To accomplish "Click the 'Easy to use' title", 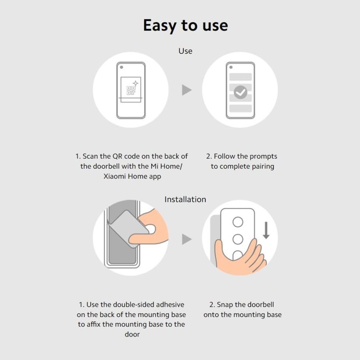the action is click(x=185, y=25).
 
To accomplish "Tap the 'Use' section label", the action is click(x=185, y=51).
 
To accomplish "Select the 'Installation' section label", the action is click(x=185, y=199).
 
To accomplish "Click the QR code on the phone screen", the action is click(x=131, y=90).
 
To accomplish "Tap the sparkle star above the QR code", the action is click(x=136, y=84).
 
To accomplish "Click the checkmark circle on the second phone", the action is click(x=240, y=92).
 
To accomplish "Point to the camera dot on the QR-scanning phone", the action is click(x=121, y=67).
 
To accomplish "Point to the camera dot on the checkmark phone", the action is click(x=231, y=67).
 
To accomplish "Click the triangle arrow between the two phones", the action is click(x=186, y=90).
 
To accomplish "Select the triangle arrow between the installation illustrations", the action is click(x=186, y=239).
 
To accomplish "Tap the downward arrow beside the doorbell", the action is click(x=266, y=230).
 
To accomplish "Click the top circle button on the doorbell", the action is click(x=238, y=222).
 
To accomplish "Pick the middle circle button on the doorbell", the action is click(x=238, y=239).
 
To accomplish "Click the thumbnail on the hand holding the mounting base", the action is click(x=151, y=229).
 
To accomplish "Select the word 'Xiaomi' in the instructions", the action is click(x=115, y=176).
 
